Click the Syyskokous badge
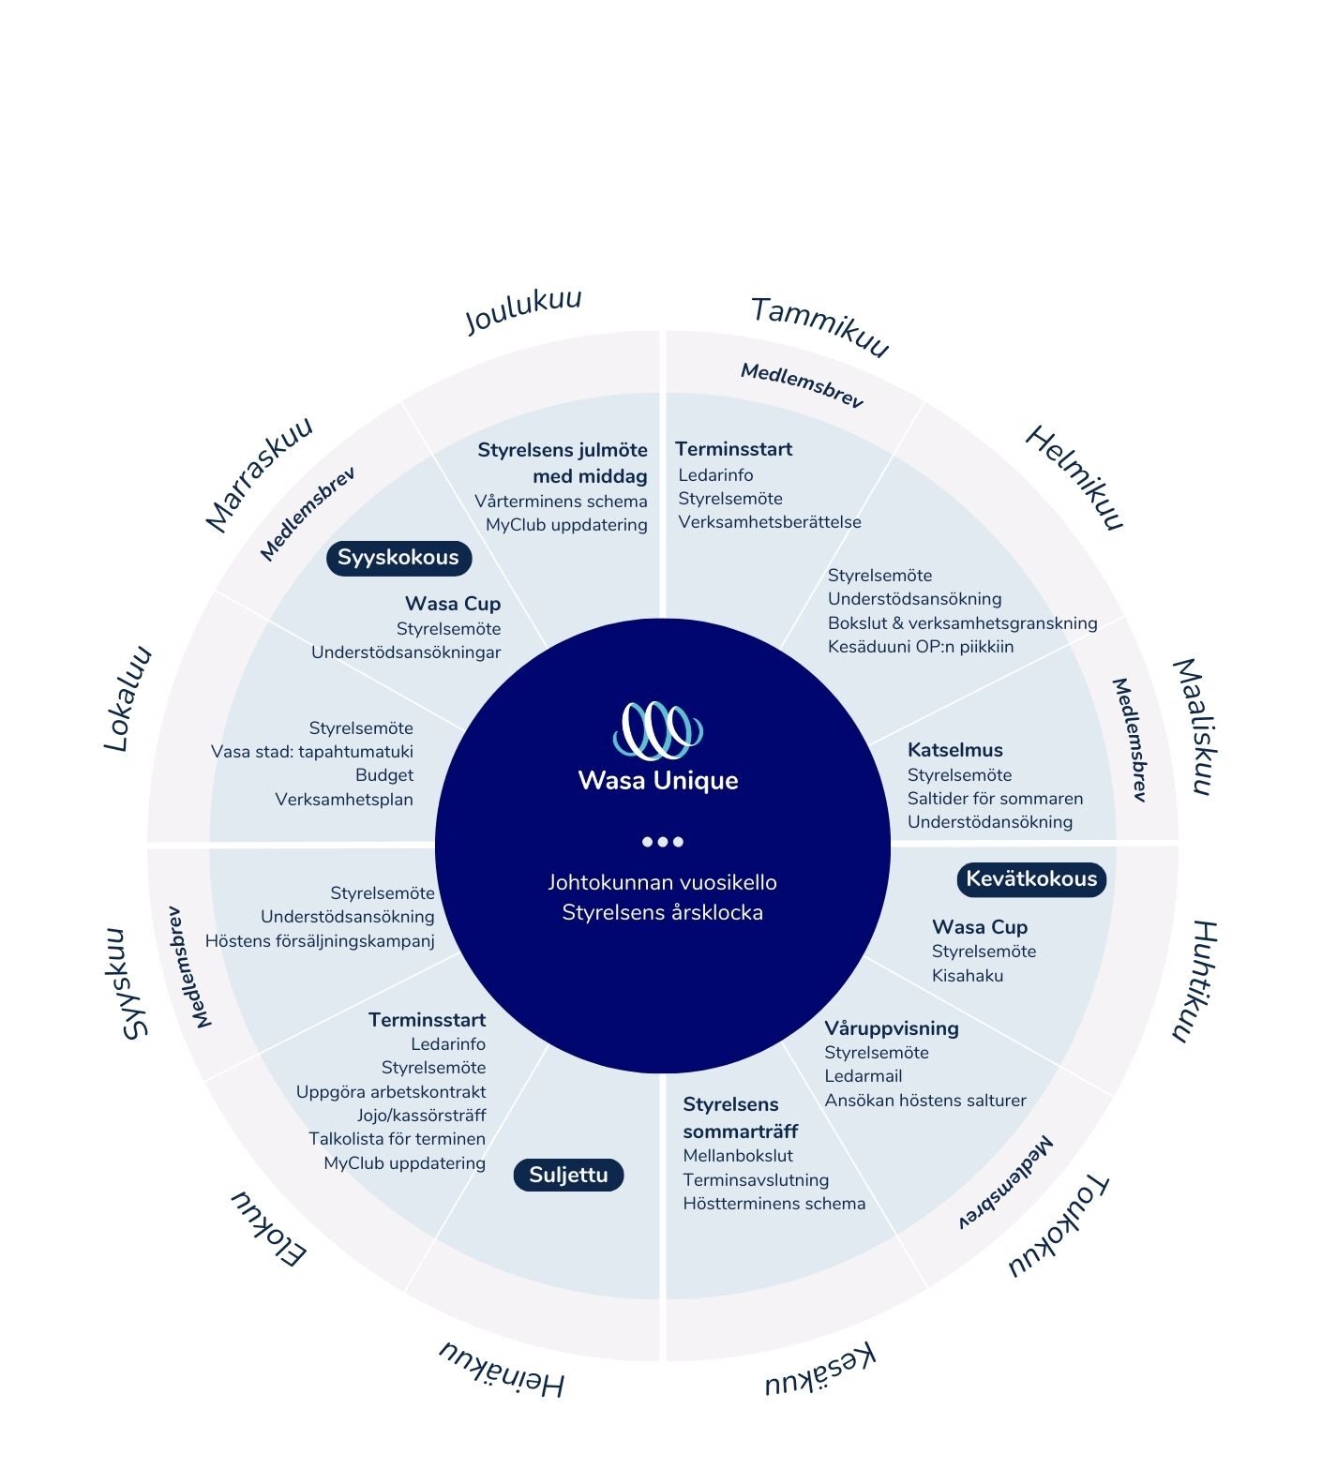398,558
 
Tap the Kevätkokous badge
1031,879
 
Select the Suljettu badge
568,1175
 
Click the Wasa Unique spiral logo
658,729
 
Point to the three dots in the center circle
662,841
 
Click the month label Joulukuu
524,310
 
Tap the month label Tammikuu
819,326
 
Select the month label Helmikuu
1074,478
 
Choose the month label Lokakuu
128,698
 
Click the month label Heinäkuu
503,1369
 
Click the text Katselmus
955,750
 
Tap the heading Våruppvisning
892,1028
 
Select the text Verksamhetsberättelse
770,522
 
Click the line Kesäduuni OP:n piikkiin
921,647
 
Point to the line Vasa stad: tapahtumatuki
312,752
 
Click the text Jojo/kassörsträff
421,1116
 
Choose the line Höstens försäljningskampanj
320,941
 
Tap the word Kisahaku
968,976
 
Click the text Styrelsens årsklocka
663,912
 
